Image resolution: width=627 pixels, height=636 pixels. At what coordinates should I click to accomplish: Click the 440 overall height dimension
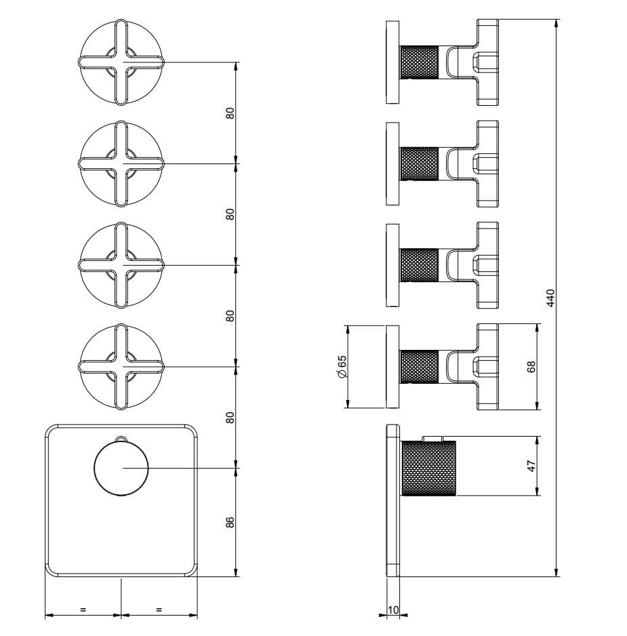(550, 298)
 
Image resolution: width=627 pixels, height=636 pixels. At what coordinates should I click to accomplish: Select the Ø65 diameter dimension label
(342, 367)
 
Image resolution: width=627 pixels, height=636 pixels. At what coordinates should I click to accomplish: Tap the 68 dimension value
(531, 367)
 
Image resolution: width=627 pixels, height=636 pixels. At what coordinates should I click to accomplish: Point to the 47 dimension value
(531, 466)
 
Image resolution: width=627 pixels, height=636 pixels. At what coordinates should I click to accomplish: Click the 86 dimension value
(230, 522)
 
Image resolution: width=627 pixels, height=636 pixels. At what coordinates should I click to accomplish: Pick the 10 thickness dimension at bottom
(393, 610)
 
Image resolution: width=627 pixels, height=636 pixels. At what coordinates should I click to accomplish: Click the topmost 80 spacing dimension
(230, 113)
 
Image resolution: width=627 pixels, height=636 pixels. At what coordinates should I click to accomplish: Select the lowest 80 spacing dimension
(230, 418)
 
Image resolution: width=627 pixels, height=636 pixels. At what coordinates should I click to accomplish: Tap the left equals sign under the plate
(83, 610)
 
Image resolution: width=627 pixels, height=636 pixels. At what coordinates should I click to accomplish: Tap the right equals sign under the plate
(159, 610)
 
